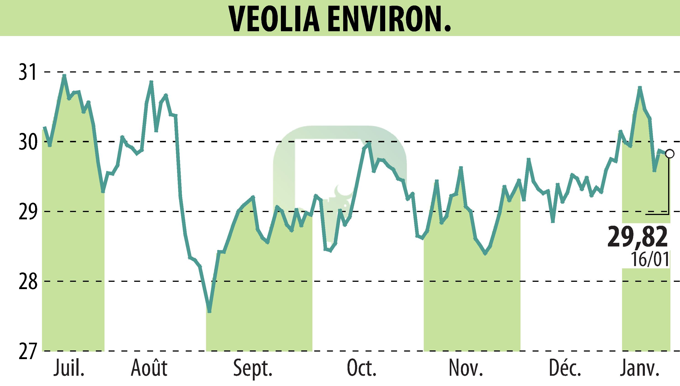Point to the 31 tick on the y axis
point(28,72)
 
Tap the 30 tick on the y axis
point(28,142)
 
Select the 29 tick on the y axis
point(28,212)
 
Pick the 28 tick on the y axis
point(28,281)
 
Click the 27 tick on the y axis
point(28,351)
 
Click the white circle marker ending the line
point(670,154)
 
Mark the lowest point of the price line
point(209,312)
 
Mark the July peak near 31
point(64,75)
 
